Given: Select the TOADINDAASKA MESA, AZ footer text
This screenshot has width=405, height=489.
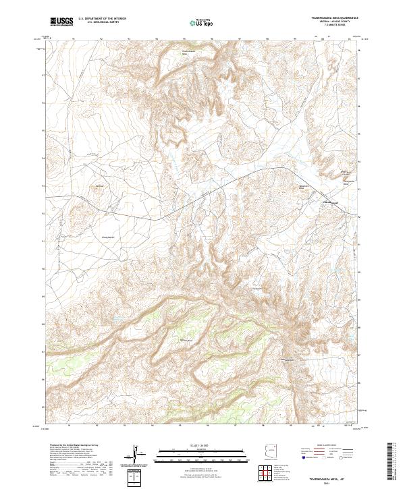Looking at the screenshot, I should pos(332,476).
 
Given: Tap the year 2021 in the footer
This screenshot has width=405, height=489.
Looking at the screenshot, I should pos(332,481).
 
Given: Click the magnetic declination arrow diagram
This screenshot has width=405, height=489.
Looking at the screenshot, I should pos(138,455).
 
